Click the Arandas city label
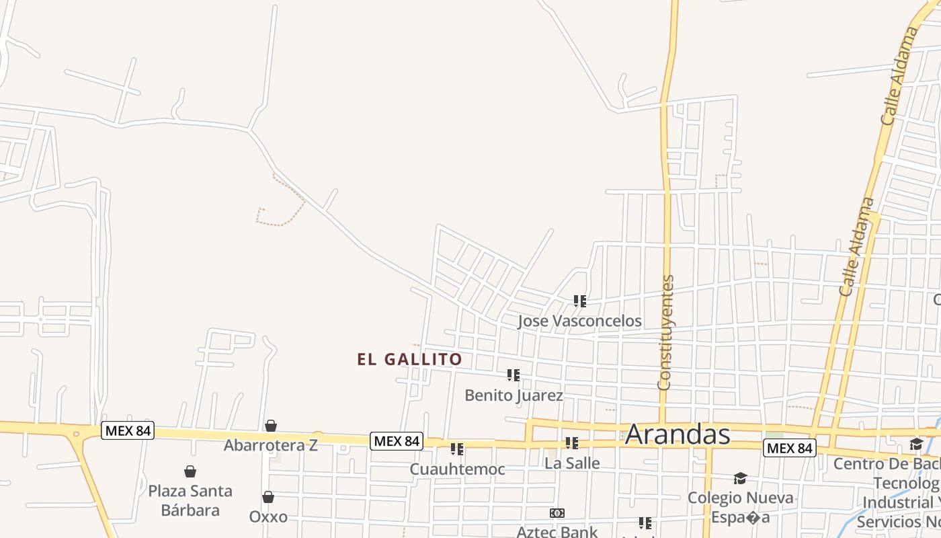coord(677,435)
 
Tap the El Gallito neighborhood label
coord(409,359)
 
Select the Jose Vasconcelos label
coord(579,321)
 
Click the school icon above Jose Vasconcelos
coord(580,301)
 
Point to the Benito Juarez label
coord(514,395)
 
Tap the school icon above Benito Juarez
coord(514,375)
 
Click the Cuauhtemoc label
coord(457,469)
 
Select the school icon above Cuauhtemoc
coord(457,449)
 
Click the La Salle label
coord(572,463)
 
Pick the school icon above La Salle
coord(572,443)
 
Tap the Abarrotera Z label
coord(270,445)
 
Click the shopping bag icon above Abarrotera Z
coord(270,426)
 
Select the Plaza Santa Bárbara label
coord(190,500)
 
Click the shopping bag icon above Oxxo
coord(268,498)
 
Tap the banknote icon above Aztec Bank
coord(557,513)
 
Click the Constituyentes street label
coord(665,332)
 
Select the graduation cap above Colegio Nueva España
coord(740,478)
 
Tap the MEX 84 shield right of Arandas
coord(789,448)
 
